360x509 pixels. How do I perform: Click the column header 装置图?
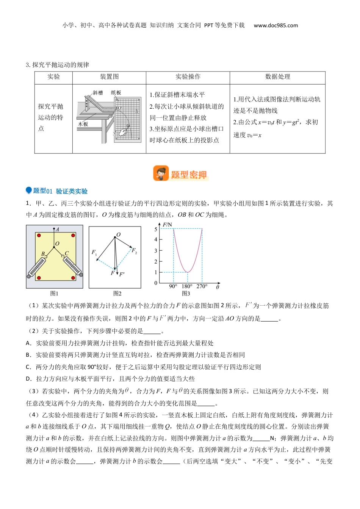[109, 77]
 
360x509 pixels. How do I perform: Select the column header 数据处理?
[277, 77]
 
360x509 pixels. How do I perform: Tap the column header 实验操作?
[188, 77]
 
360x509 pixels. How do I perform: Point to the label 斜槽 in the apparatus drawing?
[98, 93]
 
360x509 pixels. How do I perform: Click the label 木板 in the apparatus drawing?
[83, 124]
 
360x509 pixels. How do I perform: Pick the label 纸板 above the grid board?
[116, 93]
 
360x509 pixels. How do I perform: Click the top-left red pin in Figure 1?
[39, 235]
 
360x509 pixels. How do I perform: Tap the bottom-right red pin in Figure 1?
[73, 278]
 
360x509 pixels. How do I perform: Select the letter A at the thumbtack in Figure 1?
[57, 230]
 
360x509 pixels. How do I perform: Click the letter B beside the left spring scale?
[43, 254]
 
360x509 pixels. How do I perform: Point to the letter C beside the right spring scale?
[67, 253]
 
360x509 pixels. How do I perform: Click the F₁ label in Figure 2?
[94, 252]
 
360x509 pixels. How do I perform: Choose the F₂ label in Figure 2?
[134, 250]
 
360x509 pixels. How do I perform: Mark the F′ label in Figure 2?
[122, 274]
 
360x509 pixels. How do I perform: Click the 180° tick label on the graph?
[187, 286]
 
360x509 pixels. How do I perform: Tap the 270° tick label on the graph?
[202, 286]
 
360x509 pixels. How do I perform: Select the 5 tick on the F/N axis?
[156, 230]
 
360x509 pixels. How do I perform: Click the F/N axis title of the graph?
[167, 225]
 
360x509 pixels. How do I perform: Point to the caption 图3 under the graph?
[186, 294]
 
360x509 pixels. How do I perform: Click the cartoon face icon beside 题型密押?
[161, 173]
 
